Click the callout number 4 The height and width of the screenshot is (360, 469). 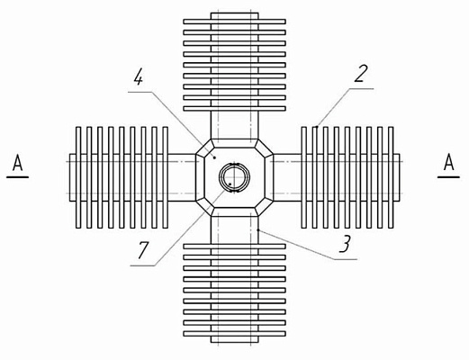click(x=139, y=78)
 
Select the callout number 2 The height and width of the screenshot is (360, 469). click(x=361, y=74)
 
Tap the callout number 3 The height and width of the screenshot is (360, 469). click(x=346, y=244)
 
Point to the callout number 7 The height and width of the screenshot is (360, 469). click(x=143, y=250)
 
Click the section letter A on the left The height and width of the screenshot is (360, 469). click(x=18, y=164)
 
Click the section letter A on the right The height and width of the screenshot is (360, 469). click(x=449, y=162)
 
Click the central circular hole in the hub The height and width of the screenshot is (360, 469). click(x=234, y=177)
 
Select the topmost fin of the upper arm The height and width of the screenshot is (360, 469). click(x=234, y=22)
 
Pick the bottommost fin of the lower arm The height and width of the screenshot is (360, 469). click(x=234, y=334)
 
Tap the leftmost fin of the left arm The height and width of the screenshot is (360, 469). click(x=78, y=177)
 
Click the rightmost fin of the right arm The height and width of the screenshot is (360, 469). click(x=391, y=177)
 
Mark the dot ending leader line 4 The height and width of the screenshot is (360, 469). click(x=214, y=157)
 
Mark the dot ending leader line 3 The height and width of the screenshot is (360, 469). click(x=258, y=229)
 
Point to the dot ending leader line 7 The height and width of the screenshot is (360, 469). click(x=230, y=184)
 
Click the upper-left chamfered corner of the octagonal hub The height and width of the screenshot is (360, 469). click(x=204, y=148)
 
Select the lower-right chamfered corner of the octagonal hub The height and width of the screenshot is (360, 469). click(x=265, y=207)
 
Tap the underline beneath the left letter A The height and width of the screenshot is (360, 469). click(x=17, y=177)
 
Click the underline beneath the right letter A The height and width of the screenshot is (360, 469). click(x=448, y=177)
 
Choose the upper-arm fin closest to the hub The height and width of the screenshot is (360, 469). click(x=234, y=109)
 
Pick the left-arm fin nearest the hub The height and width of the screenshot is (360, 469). click(x=166, y=177)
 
